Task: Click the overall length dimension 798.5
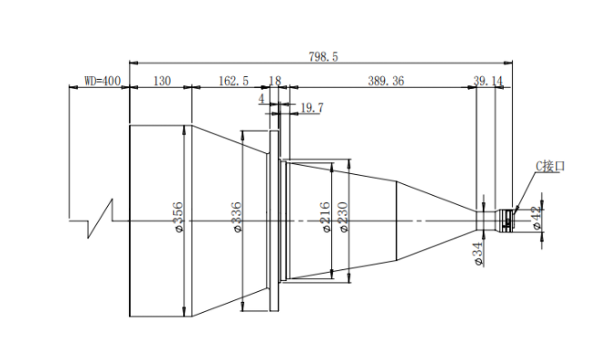[323, 57]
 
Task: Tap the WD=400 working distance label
[103, 81]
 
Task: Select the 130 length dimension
[162, 81]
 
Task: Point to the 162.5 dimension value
[233, 81]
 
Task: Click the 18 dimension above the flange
[275, 81]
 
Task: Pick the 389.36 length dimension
[386, 81]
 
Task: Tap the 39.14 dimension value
[487, 81]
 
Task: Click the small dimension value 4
[261, 99]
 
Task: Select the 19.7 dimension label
[312, 108]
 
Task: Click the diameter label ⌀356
[179, 217]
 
